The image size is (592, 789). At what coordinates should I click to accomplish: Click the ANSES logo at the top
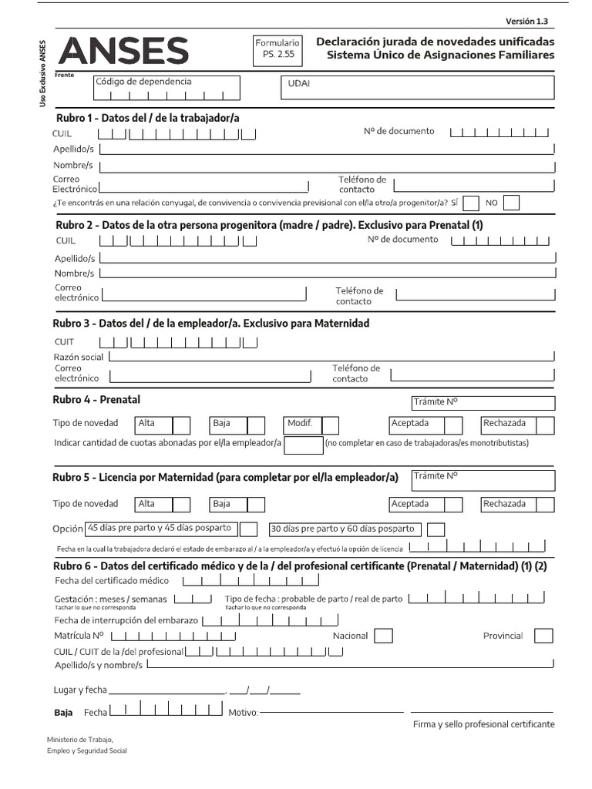(x=123, y=52)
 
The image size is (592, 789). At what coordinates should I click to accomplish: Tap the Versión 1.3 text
(x=532, y=22)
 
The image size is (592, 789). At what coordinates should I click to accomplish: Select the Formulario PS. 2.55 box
(x=277, y=49)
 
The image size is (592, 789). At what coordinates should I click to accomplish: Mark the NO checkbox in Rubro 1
(x=511, y=203)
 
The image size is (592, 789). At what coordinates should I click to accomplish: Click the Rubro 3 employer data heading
(x=210, y=323)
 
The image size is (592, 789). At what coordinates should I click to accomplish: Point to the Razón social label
(x=79, y=357)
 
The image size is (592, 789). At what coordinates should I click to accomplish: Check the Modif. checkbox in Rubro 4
(x=331, y=425)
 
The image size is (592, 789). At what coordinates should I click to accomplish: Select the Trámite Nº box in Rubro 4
(x=483, y=403)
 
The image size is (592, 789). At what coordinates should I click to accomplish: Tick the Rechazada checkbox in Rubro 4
(x=545, y=425)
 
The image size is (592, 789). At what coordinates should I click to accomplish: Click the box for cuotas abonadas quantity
(x=304, y=445)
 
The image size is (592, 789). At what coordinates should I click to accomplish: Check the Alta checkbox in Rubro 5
(x=181, y=505)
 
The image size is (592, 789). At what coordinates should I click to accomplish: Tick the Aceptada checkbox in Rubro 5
(x=453, y=505)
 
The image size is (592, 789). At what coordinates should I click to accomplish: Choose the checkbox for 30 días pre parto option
(x=436, y=529)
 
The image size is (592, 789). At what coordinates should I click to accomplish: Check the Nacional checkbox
(x=383, y=636)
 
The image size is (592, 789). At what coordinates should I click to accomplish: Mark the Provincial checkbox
(x=543, y=636)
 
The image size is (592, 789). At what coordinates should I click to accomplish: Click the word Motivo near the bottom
(x=244, y=713)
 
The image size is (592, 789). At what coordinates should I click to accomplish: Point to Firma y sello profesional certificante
(x=483, y=724)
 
